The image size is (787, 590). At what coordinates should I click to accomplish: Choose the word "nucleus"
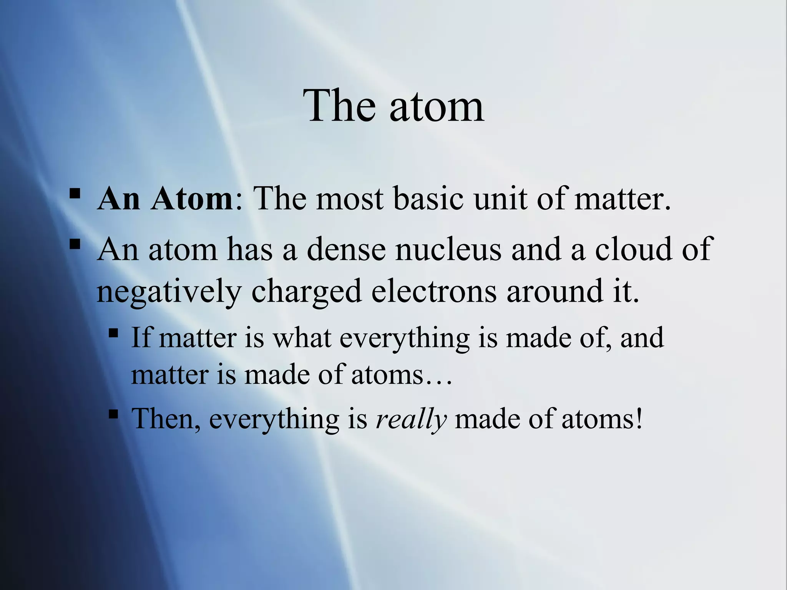(x=448, y=250)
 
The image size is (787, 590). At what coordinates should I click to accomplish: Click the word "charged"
(x=306, y=292)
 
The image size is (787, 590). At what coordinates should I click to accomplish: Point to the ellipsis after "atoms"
(x=439, y=382)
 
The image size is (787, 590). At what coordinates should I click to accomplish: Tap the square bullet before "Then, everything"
(x=113, y=414)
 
